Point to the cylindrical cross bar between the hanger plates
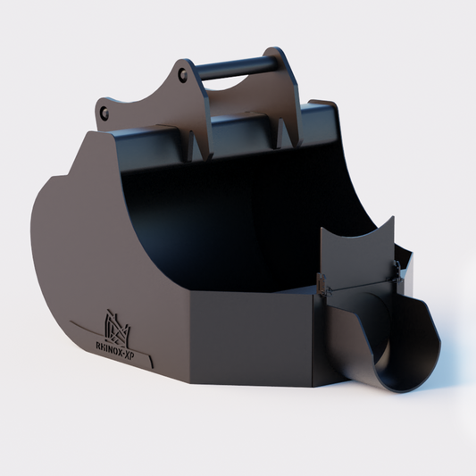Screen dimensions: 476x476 click(234, 65)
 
